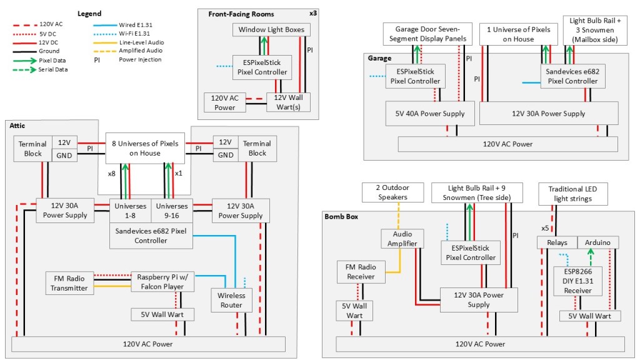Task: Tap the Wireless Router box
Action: [231, 301]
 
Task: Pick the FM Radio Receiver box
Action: [361, 272]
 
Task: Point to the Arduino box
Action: [599, 242]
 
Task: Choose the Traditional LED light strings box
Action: [574, 193]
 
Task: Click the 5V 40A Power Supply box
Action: [430, 114]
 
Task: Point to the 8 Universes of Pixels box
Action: [145, 148]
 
